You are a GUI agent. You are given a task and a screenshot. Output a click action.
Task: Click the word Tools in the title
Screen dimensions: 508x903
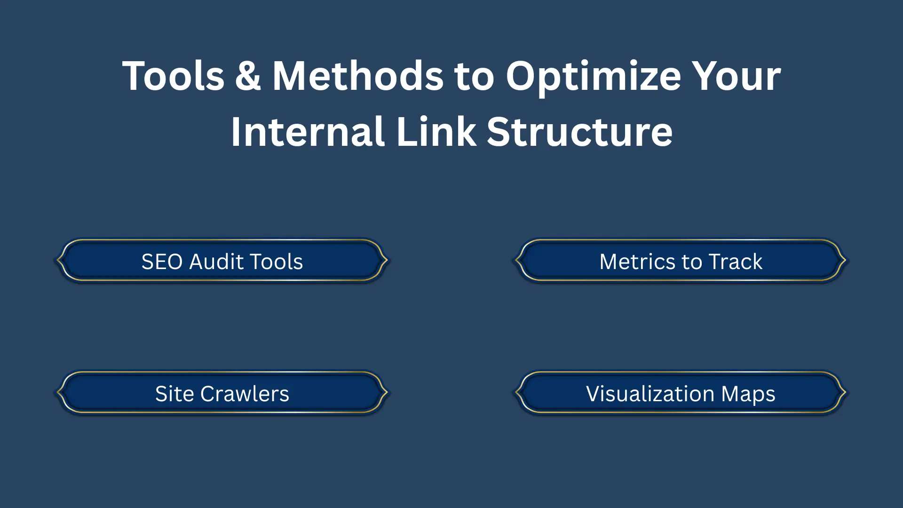tap(174, 76)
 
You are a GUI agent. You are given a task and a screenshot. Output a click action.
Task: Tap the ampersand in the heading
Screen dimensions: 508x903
tap(248, 76)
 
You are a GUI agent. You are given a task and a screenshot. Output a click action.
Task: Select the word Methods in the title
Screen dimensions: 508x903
tap(358, 76)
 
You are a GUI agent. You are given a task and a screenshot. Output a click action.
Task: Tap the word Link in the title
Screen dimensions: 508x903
tap(436, 132)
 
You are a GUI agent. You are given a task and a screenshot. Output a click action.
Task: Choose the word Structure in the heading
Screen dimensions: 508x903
tap(579, 132)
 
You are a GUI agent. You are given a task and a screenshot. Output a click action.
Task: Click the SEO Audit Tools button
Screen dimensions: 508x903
tap(222, 261)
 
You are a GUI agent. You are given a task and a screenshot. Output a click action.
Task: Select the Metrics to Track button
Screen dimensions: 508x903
tap(681, 261)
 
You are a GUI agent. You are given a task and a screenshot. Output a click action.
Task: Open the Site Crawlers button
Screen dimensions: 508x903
tap(222, 393)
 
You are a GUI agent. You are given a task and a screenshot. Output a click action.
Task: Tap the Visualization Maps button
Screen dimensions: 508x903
tap(681, 393)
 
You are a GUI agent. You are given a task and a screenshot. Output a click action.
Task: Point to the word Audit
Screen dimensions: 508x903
tap(216, 262)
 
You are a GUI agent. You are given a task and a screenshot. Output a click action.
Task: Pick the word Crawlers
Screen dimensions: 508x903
tap(245, 394)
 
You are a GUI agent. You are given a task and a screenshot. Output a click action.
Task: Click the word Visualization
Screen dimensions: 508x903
tap(650, 394)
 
